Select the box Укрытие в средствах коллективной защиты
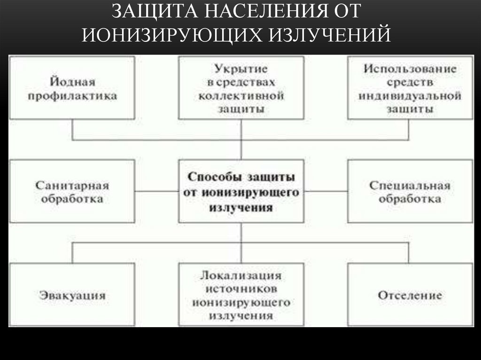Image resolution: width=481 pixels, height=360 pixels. click(x=241, y=88)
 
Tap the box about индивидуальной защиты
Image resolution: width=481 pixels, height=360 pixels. click(x=409, y=88)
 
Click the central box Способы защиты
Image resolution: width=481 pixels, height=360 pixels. click(x=241, y=191)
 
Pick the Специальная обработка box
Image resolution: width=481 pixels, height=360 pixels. click(x=409, y=191)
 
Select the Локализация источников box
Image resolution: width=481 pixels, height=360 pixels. click(x=241, y=295)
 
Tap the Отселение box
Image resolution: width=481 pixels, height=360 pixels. click(x=409, y=295)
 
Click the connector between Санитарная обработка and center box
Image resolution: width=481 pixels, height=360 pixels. click(x=156, y=191)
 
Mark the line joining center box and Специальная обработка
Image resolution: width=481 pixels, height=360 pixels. click(x=326, y=191)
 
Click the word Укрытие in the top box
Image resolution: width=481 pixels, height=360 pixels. click(x=241, y=69)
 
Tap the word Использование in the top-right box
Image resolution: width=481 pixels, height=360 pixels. click(x=409, y=69)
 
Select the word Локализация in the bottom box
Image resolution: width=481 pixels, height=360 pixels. click(x=241, y=275)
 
